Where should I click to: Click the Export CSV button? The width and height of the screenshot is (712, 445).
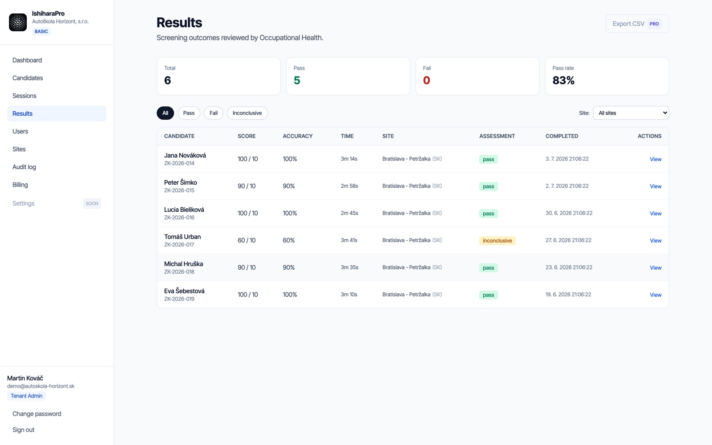tap(637, 24)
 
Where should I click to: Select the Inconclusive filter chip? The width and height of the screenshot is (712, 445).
tap(247, 113)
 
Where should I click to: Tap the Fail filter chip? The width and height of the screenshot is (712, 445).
tap(213, 113)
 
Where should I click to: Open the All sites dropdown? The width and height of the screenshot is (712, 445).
tap(631, 113)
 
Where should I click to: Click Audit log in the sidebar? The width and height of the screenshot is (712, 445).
tap(24, 167)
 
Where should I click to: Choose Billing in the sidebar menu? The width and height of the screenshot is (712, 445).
tap(20, 185)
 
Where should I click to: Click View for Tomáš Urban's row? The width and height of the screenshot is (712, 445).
tap(655, 241)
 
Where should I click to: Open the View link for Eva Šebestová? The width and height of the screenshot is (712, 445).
tap(655, 295)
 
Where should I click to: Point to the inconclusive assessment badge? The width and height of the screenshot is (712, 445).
tap(497, 241)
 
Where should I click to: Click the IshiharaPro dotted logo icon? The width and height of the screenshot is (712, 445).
tap(18, 22)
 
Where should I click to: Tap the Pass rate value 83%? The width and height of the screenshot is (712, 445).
tap(563, 81)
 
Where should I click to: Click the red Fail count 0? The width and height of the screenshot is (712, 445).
tap(426, 81)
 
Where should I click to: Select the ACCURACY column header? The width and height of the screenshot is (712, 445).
tap(298, 136)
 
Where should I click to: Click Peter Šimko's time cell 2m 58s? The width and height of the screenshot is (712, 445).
tap(349, 186)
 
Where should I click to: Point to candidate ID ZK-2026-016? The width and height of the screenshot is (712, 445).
tap(179, 218)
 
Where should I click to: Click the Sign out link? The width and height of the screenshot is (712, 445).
tap(23, 430)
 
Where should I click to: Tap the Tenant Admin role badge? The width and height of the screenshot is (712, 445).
tap(26, 396)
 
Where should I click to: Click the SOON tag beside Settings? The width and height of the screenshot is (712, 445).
tap(92, 203)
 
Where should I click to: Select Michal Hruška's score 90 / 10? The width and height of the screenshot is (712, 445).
tap(247, 267)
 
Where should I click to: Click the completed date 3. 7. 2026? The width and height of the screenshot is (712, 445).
tap(556, 158)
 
